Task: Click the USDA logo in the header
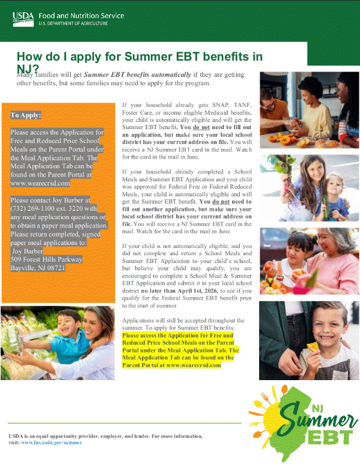24,17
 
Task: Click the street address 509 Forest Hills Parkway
46,259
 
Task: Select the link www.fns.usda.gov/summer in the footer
51,442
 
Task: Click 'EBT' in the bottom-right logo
328,438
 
